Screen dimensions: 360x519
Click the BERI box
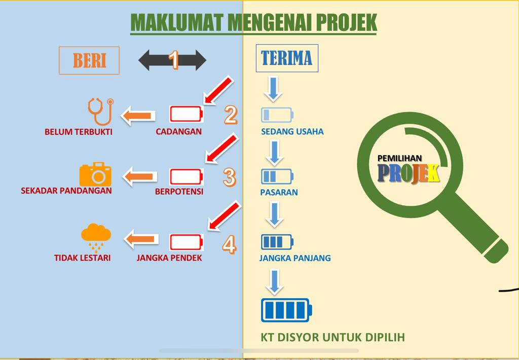coord(89,60)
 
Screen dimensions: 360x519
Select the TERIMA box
coord(286,58)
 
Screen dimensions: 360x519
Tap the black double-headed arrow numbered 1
coord(172,60)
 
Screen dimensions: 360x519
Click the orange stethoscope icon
coord(99,111)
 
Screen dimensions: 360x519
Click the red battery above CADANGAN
coord(186,114)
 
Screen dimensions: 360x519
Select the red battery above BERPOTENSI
coord(186,177)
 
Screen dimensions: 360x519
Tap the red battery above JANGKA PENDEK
coord(186,242)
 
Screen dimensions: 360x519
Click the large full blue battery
coord(286,310)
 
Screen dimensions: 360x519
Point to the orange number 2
coord(231,115)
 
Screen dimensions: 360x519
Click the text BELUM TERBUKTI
coord(79,132)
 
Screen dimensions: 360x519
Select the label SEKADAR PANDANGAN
coord(66,191)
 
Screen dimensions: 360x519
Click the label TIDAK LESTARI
coord(82,258)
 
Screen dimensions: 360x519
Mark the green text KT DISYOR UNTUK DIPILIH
coord(332,337)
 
